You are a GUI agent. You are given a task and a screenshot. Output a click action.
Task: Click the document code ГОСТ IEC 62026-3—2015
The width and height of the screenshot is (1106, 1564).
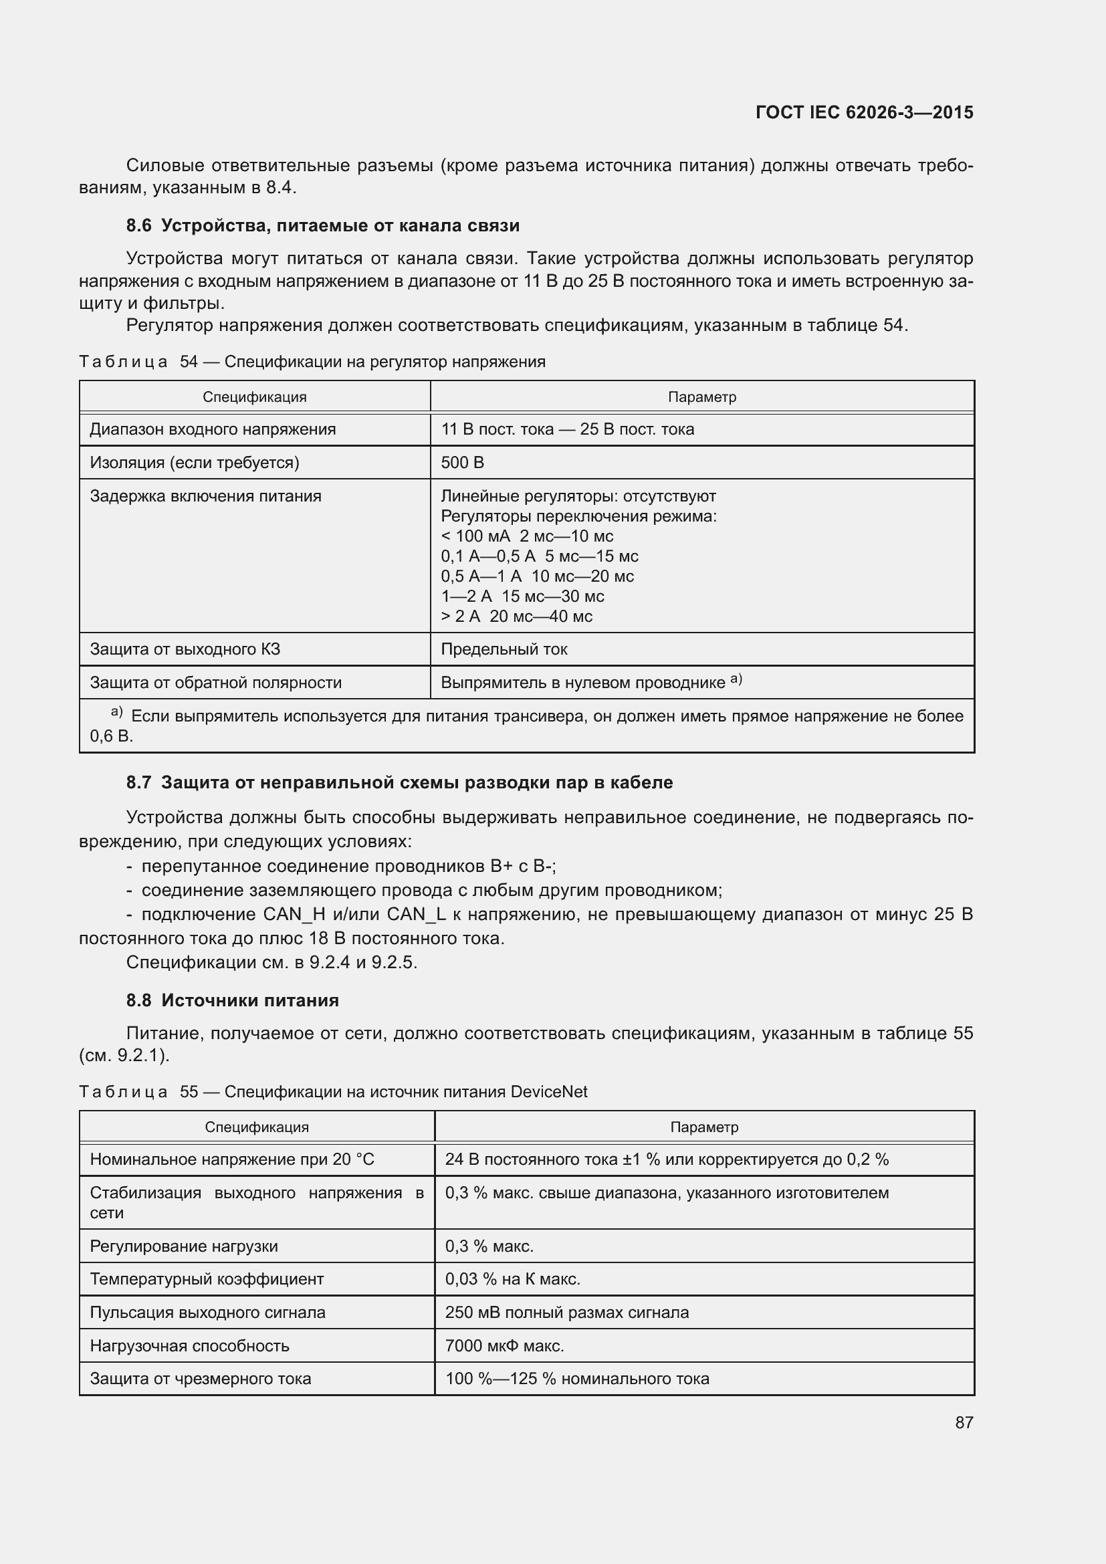point(864,112)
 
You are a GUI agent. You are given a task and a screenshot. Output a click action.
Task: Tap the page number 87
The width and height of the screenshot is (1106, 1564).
point(964,1422)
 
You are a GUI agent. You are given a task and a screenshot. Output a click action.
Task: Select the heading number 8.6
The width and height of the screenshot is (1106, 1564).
point(138,225)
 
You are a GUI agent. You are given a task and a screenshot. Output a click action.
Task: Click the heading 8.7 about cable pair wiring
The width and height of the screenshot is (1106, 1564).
point(399,782)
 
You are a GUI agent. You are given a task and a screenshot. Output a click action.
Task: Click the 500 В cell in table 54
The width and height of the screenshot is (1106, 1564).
point(463,463)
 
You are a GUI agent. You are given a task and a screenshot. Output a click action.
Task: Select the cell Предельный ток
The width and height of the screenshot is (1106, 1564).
point(504,649)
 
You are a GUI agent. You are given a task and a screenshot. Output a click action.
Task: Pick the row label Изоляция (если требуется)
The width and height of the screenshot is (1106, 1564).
point(195,463)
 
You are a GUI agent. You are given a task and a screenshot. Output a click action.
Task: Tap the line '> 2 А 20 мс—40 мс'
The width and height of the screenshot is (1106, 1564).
point(516,617)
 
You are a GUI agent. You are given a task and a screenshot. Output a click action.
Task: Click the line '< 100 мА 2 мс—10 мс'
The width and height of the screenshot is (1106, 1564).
point(526,536)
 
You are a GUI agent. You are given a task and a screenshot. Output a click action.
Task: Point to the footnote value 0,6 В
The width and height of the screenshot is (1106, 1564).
point(111,736)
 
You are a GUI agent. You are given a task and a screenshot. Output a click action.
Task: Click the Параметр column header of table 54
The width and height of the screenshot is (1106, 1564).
point(701,397)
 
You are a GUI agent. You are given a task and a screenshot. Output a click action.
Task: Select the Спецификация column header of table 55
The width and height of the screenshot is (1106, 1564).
point(257,1127)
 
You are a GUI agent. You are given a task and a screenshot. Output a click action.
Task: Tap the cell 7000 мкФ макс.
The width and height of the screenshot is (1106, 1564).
point(504,1346)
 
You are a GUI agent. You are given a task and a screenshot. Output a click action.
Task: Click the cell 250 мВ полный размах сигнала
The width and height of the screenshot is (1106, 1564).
point(566,1313)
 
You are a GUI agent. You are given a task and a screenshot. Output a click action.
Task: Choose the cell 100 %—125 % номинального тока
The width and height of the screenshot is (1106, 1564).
point(577,1379)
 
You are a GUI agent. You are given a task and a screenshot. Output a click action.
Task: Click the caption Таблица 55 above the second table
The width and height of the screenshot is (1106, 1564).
point(138,1092)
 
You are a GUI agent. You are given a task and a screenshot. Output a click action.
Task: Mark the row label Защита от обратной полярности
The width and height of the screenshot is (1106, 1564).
point(216,683)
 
